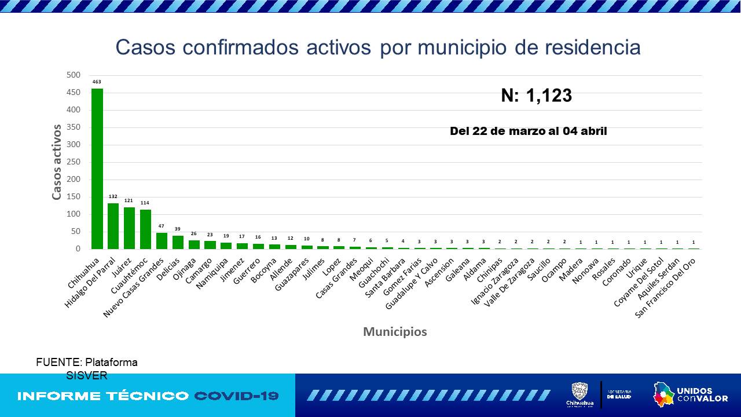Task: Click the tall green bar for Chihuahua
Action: click(x=97, y=169)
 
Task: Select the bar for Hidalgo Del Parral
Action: click(x=113, y=226)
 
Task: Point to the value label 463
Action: click(x=97, y=82)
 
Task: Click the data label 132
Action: click(x=113, y=197)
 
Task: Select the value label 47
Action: click(x=162, y=226)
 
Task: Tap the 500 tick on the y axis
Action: click(x=74, y=75)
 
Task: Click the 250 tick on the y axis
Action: click(x=74, y=162)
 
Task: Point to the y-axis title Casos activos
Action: click(x=57, y=162)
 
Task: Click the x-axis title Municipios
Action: click(x=395, y=332)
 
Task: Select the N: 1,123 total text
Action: click(x=536, y=96)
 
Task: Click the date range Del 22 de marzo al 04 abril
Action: click(x=528, y=131)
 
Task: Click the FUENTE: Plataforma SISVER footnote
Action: click(x=87, y=368)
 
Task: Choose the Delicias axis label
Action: click(x=168, y=268)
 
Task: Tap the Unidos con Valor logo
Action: click(x=690, y=395)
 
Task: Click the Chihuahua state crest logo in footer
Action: click(x=579, y=394)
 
